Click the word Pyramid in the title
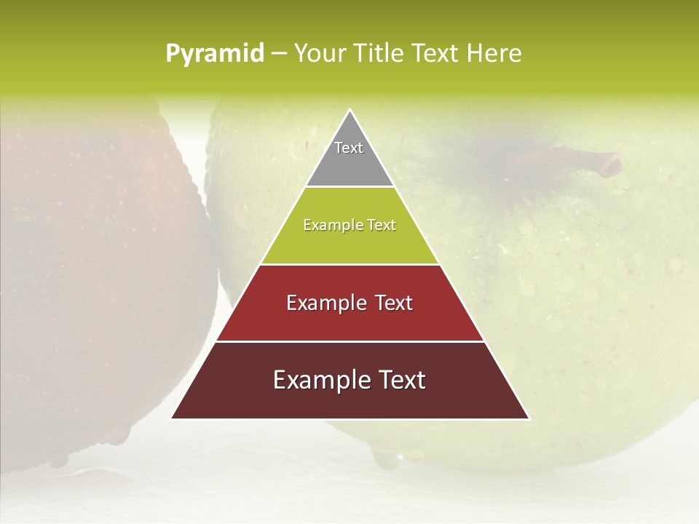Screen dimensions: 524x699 (x=214, y=54)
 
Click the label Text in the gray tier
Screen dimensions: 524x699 (x=349, y=148)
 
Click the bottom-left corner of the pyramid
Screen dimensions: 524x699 (x=172, y=418)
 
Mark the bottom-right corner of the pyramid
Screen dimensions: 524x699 (x=529, y=418)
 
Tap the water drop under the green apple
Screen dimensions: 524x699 (x=386, y=457)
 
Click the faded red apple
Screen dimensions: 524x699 (x=95, y=277)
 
